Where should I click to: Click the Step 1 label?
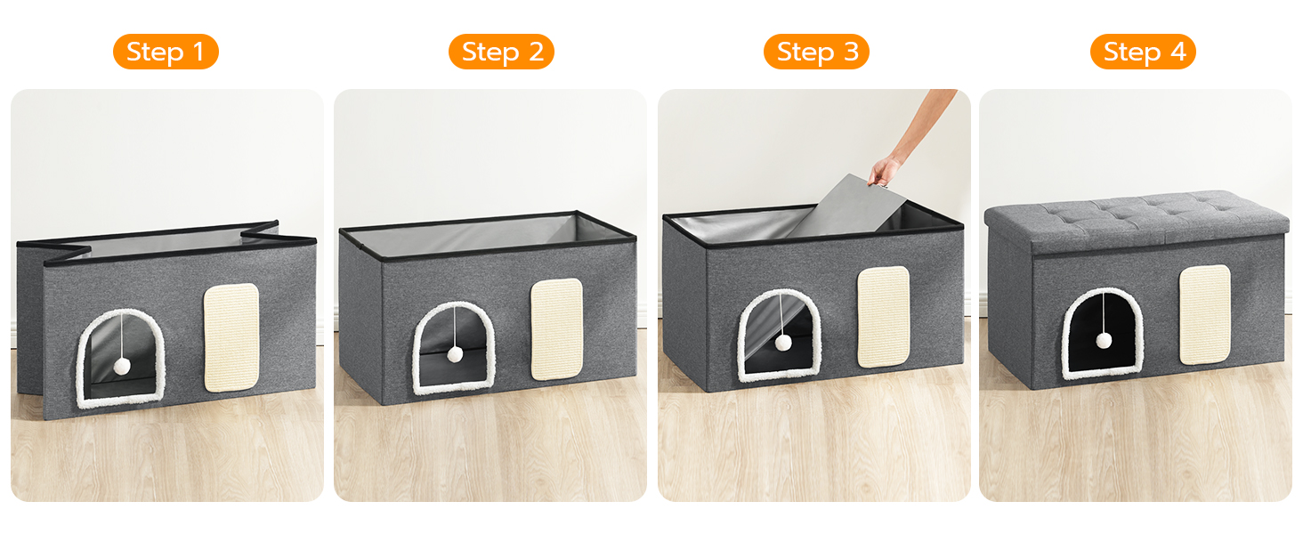(166, 52)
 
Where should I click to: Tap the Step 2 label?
(501, 52)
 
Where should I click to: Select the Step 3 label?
(816, 52)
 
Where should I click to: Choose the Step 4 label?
(1143, 52)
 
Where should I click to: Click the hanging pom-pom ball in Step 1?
(122, 365)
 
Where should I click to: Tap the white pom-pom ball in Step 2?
(454, 354)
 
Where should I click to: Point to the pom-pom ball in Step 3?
(783, 343)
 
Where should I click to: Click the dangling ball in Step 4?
(1104, 340)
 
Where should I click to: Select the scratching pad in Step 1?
(231, 338)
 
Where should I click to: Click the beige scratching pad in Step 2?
(556, 329)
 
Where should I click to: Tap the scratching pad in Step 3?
(883, 317)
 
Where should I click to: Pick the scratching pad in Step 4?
(1205, 314)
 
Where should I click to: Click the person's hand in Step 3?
(886, 170)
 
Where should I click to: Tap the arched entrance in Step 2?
(453, 348)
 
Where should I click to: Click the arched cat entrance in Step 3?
(780, 336)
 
